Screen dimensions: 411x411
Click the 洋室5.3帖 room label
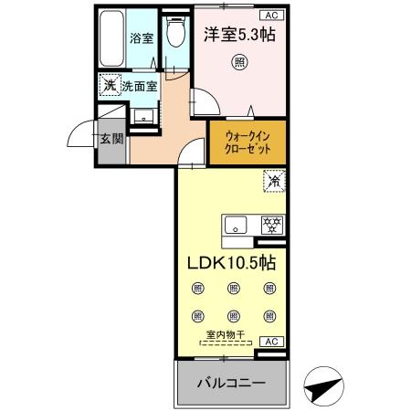click(238, 36)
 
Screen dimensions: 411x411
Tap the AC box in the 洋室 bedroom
click(271, 15)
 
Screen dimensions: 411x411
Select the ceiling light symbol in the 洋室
click(238, 62)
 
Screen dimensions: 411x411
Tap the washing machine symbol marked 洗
click(109, 85)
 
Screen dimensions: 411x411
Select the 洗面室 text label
click(140, 86)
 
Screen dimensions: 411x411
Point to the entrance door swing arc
click(80, 135)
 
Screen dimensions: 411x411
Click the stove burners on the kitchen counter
click(270, 223)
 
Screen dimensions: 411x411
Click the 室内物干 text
click(232, 335)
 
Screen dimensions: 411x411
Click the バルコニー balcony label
click(233, 383)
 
